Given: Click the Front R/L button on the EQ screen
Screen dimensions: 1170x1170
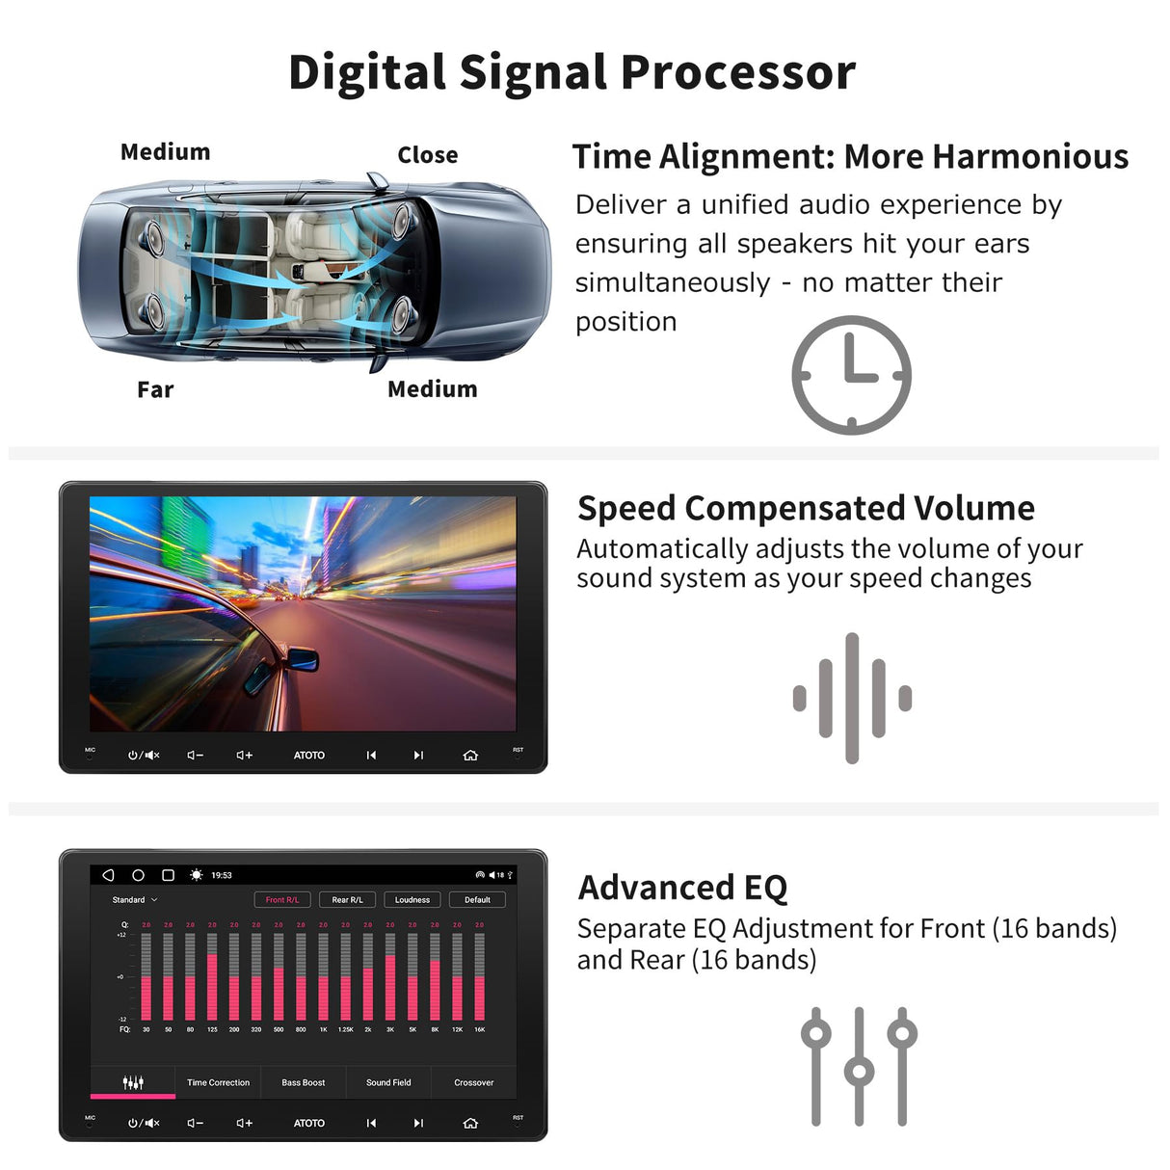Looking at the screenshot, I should tap(282, 900).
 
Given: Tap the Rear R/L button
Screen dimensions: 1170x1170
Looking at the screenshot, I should tap(347, 900).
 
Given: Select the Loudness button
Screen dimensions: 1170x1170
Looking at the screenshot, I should tap(412, 900).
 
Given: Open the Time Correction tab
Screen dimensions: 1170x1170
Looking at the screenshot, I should tap(218, 1082).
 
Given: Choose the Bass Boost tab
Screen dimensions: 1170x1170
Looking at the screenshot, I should tap(303, 1082).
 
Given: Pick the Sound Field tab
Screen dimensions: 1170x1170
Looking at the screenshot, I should tap(388, 1082).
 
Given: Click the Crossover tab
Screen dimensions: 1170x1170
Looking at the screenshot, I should tap(473, 1082).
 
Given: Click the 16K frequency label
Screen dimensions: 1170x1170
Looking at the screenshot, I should tap(480, 1029).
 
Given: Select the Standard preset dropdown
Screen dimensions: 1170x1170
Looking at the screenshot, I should tap(134, 900).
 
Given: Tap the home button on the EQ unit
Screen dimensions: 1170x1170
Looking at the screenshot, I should tap(470, 1123).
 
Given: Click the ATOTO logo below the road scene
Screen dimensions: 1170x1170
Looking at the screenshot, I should tap(309, 756).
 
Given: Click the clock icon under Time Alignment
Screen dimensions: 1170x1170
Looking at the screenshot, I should tap(851, 375).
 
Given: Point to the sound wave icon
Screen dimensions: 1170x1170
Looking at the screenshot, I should tap(852, 698).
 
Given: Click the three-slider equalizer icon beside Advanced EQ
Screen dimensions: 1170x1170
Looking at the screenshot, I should tap(859, 1066).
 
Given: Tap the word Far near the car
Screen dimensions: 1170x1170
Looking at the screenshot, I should tap(155, 389).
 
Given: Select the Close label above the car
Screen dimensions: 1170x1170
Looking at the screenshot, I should tap(428, 155).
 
